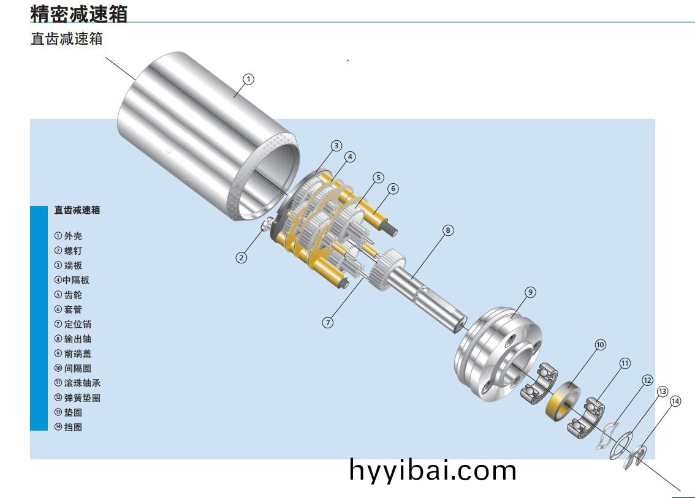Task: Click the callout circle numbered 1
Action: [x=248, y=79]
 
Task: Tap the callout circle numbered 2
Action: [x=241, y=258]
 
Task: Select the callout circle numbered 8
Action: [x=448, y=230]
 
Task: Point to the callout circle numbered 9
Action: [x=530, y=292]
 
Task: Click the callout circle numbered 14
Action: [x=675, y=401]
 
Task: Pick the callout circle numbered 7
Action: [x=328, y=322]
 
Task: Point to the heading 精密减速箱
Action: [x=78, y=13]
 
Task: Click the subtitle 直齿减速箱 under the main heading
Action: [x=67, y=39]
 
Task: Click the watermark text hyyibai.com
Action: [x=433, y=470]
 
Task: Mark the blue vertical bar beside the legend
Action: [x=39, y=318]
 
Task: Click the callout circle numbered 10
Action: [x=600, y=345]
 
